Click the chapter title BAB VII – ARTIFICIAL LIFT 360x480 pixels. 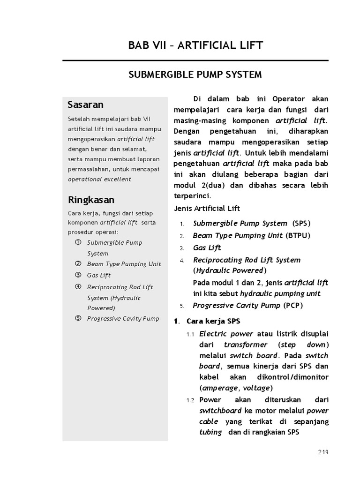tap(195, 45)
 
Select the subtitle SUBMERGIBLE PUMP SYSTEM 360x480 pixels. tap(195, 75)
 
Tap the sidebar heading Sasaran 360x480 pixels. tap(85, 104)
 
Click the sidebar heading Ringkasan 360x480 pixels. tap(91, 200)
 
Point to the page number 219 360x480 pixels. tap(323, 452)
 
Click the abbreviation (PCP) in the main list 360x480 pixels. tap(293, 306)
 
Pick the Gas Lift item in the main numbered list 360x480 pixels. tap(207, 247)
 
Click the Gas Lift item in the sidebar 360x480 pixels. tap(99, 275)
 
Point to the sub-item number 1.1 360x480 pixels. tap(190, 334)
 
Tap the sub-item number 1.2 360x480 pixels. tap(190, 400)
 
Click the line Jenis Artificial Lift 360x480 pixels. tap(207, 208)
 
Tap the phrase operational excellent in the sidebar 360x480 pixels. tap(99, 179)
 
